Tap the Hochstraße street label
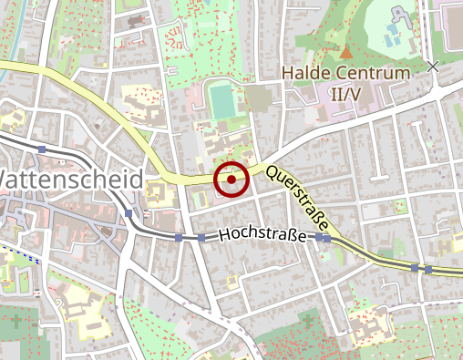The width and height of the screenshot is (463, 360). (262, 235)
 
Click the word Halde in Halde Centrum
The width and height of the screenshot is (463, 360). (307, 71)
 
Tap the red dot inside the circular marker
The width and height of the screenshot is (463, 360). (231, 180)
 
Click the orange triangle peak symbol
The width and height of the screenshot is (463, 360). (345, 53)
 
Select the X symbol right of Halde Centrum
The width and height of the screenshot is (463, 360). (433, 66)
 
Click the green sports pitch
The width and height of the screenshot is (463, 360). (221, 100)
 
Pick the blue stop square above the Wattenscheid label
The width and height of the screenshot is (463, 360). (43, 149)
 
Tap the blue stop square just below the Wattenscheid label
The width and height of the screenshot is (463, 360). (129, 213)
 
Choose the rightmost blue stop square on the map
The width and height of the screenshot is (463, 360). (427, 269)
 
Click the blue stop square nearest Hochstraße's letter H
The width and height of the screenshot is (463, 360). (201, 238)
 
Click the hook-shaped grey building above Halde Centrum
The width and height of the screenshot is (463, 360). (399, 16)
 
